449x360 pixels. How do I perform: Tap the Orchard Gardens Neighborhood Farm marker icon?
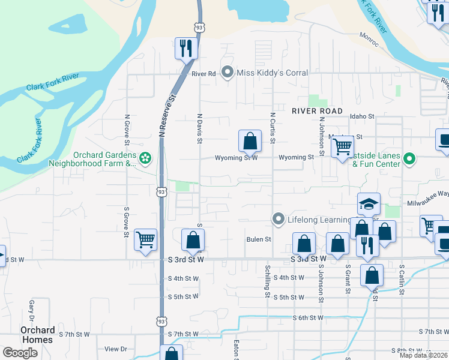point(145,158)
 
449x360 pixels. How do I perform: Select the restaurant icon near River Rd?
point(186,48)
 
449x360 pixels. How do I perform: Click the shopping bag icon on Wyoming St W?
point(250,142)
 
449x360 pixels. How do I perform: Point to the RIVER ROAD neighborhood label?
point(317,111)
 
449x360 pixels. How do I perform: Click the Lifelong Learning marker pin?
point(277,220)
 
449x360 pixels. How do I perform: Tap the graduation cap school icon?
point(369,205)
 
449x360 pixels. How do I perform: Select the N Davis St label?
point(199,128)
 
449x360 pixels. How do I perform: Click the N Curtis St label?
point(273,128)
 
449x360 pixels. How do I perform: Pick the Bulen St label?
point(259,239)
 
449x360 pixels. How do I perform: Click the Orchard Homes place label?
point(37,335)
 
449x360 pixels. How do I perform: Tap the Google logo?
point(20,353)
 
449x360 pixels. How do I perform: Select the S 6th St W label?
point(308,317)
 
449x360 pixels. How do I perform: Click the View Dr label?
point(116,349)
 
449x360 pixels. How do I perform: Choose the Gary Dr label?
point(30,310)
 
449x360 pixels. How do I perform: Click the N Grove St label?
point(127,130)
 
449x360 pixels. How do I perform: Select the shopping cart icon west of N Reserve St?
point(145,239)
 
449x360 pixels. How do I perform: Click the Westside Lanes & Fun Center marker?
point(409,159)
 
